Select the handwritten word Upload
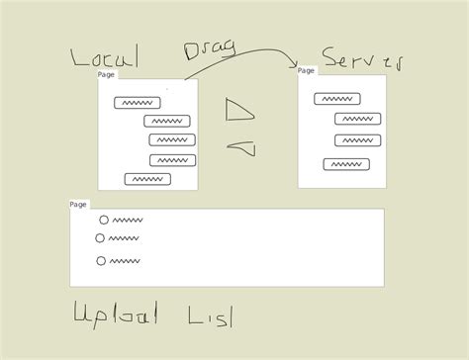115,316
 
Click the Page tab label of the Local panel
106,75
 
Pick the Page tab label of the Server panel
306,70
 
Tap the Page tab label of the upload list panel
78,205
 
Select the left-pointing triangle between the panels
243,148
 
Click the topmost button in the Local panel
136,103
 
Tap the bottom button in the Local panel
148,179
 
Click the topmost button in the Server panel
336,99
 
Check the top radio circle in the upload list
104,220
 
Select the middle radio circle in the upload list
100,238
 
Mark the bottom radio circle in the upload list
101,261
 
